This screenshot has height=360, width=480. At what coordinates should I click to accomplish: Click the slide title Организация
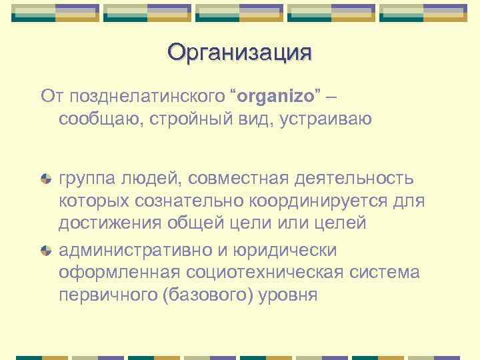click(239, 52)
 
